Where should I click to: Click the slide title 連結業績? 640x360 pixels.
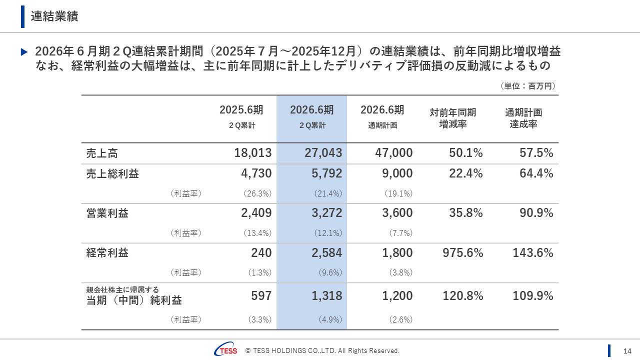coord(54,16)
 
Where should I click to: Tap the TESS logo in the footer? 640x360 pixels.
coord(226,350)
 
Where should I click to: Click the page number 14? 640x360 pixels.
coord(627,350)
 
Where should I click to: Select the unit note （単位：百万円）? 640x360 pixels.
coord(527,86)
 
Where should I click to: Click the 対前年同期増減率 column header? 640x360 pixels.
coord(453,118)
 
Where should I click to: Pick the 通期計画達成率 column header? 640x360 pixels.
coord(523,118)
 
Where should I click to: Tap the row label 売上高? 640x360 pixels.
coord(102,153)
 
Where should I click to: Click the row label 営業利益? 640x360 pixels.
coord(107,213)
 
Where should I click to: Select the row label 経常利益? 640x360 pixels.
coord(107,253)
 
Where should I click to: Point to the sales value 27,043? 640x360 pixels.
coord(323,153)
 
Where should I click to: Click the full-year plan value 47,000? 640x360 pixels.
coord(394,153)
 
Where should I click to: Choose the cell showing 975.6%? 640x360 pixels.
coord(463,253)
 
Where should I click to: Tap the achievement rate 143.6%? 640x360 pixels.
coord(533,253)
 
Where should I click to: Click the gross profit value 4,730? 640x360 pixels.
coord(256,173)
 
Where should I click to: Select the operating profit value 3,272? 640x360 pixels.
coord(327,213)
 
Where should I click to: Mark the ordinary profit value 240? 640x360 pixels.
coord(261,253)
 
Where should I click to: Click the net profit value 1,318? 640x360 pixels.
coord(327,296)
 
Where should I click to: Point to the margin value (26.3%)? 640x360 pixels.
coord(257,193)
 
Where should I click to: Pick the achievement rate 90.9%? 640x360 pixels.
coord(536,213)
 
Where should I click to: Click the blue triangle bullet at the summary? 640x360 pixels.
coord(24,51)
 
